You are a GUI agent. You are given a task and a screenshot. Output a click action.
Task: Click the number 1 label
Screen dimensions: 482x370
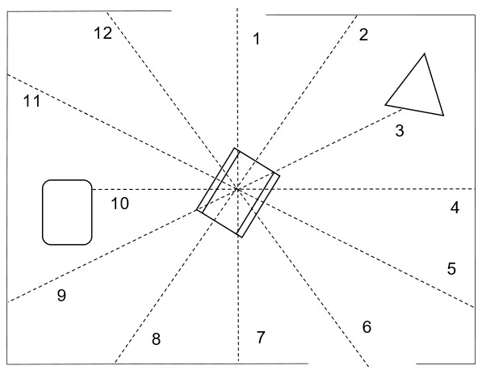click(x=257, y=39)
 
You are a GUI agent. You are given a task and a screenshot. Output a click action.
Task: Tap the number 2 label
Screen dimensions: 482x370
click(x=363, y=35)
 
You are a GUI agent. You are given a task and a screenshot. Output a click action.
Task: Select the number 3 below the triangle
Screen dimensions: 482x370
click(x=400, y=131)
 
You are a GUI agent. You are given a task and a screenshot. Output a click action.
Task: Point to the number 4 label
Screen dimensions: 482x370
click(x=455, y=208)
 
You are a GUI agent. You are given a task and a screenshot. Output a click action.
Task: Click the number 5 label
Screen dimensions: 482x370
click(x=451, y=269)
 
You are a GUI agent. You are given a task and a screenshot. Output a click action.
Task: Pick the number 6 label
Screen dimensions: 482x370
click(x=367, y=327)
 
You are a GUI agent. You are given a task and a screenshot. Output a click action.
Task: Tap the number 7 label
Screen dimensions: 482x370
click(x=260, y=338)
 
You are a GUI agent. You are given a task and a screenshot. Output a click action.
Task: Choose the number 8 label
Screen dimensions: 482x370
click(x=156, y=339)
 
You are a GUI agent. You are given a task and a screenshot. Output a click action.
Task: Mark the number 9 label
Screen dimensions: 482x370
click(x=61, y=296)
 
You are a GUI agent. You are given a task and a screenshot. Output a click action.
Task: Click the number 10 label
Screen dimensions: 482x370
click(x=119, y=204)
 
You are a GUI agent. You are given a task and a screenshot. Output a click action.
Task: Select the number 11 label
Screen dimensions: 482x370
click(x=32, y=101)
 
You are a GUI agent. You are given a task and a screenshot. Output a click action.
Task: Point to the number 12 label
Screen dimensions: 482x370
click(x=103, y=33)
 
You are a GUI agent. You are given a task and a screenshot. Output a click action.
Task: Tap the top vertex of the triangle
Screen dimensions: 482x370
click(x=425, y=54)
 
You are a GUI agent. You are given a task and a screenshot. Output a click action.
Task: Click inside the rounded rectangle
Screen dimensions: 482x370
click(x=67, y=212)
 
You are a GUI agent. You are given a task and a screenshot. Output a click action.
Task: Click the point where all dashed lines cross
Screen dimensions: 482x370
click(x=237, y=189)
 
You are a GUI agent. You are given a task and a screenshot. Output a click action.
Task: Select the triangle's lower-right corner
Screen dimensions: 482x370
click(x=443, y=116)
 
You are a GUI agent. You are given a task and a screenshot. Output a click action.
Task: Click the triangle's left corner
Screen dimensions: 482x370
click(x=385, y=105)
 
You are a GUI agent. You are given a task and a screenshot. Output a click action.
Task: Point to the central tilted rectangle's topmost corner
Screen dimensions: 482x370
click(x=235, y=148)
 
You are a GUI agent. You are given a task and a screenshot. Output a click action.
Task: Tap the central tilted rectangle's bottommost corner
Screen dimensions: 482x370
click(x=242, y=238)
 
